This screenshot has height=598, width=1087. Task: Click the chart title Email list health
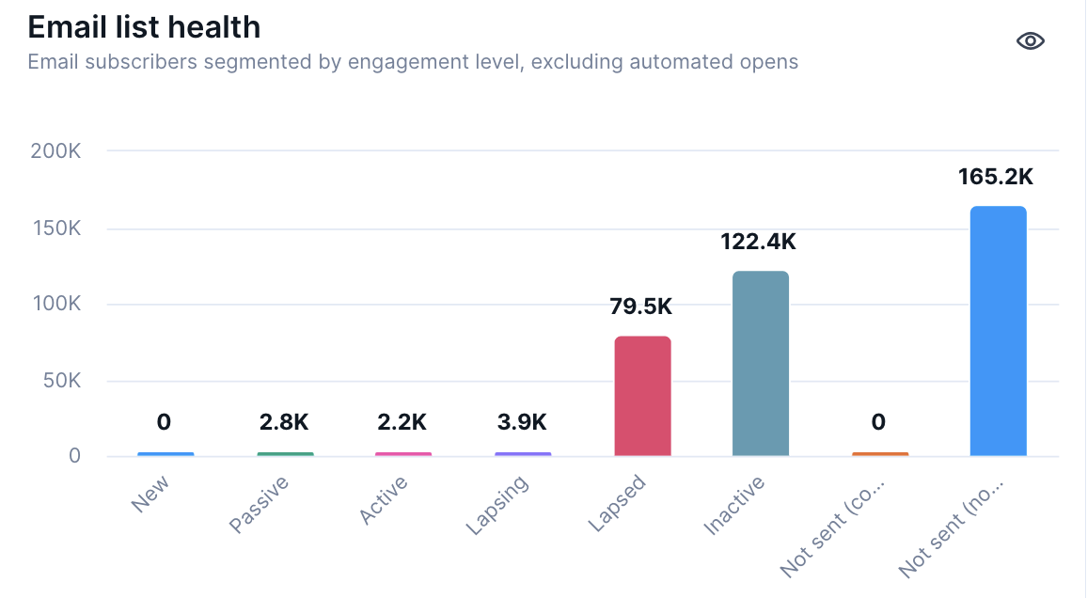pos(144,26)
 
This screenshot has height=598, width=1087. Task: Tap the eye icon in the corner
pos(1031,40)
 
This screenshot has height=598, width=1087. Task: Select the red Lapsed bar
pos(642,396)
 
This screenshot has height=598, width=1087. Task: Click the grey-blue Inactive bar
pos(761,364)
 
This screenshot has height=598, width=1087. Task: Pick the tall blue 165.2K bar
pos(998,331)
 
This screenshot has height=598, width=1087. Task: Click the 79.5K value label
pos(642,307)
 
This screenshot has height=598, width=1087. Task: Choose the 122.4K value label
pos(759,242)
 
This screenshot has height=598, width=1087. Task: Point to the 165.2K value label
pos(996,177)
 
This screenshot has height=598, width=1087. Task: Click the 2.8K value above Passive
pos(284,422)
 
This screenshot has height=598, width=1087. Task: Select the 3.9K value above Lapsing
pos(522,422)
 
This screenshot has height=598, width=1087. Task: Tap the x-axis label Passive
pos(260,505)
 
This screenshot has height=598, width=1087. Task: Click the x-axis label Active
pos(384,500)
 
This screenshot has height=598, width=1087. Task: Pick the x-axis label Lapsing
pos(497,506)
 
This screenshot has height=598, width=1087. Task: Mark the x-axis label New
pos(151,494)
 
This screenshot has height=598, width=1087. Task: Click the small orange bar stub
pos(880,454)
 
